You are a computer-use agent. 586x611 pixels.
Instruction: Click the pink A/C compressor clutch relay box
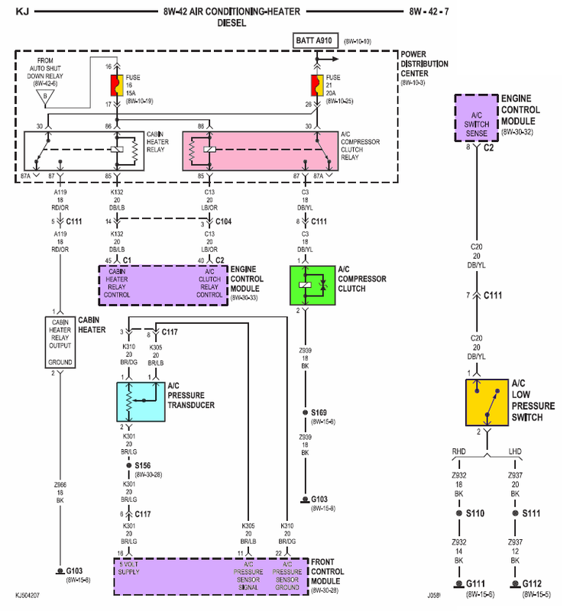260,149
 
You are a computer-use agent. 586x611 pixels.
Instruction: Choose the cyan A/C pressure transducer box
140,402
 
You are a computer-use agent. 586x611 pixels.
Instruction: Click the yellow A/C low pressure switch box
486,402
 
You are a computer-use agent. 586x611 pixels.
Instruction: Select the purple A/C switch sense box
475,118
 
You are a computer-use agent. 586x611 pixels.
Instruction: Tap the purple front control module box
210,577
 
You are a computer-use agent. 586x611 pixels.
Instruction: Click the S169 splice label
319,411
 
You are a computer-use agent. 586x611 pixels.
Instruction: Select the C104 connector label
223,221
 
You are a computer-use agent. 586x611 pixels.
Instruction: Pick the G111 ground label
476,584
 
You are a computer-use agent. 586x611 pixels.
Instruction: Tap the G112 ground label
532,584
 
